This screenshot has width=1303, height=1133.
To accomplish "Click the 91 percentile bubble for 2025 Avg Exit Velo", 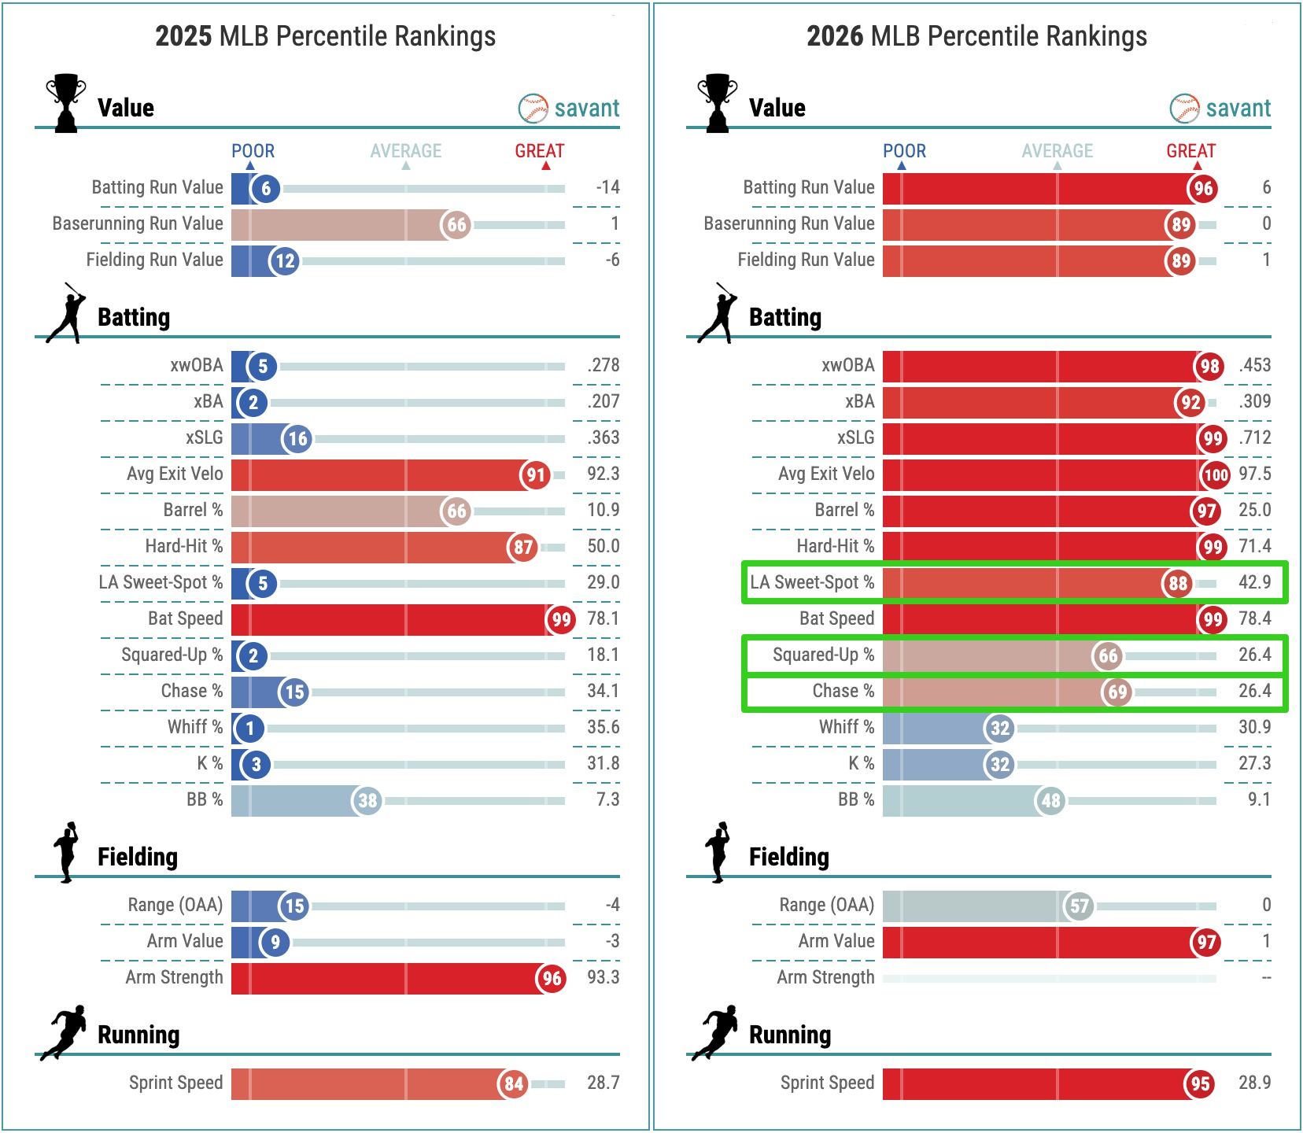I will [x=536, y=474].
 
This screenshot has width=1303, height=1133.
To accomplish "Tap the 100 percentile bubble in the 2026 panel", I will [x=1216, y=474].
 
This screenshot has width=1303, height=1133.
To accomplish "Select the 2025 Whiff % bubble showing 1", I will [x=250, y=728].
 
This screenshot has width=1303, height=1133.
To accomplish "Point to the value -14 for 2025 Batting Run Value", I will [x=607, y=187].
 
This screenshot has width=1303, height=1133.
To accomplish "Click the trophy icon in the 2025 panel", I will [x=65, y=103].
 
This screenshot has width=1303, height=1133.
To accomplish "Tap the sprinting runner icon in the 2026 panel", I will [x=715, y=1032].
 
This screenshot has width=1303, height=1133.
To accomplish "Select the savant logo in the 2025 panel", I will [x=569, y=108].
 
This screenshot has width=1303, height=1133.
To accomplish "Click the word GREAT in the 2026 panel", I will [x=1190, y=150].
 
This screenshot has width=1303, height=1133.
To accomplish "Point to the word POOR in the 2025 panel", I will [x=253, y=150].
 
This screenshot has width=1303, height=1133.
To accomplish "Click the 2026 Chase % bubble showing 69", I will [x=1117, y=692].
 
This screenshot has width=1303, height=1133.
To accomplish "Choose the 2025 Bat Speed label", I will [x=185, y=618].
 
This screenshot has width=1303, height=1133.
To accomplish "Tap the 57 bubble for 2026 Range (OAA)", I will [x=1079, y=906].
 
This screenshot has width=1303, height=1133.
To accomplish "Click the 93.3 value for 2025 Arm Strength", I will [x=603, y=977].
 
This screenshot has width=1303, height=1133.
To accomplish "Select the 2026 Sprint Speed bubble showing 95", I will [x=1199, y=1084].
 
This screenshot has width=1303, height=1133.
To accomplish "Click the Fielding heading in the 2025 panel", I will [x=137, y=857].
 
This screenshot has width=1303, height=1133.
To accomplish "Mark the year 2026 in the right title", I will [x=836, y=36].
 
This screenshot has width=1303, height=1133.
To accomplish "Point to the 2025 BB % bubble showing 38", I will [x=367, y=801].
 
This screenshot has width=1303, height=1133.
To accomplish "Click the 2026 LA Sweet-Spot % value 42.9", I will [x=1254, y=582].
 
